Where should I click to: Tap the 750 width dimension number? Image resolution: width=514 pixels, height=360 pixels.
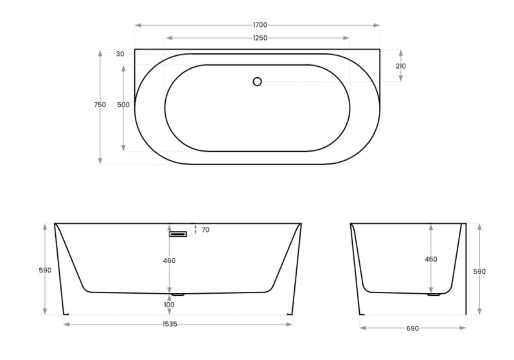pyautogui.click(x=100, y=105)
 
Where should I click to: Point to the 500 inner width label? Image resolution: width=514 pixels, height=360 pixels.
pyautogui.click(x=123, y=105)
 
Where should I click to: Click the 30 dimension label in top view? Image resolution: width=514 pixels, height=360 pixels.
pyautogui.click(x=120, y=54)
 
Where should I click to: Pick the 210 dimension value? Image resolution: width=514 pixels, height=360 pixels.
pyautogui.click(x=401, y=66)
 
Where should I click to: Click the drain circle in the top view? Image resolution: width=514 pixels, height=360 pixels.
pyautogui.click(x=257, y=82)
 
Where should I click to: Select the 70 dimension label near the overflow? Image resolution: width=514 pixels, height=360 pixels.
pyautogui.click(x=205, y=230)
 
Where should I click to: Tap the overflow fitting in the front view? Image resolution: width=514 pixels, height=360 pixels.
pyautogui.click(x=178, y=234)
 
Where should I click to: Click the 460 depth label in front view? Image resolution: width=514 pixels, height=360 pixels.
pyautogui.click(x=170, y=261)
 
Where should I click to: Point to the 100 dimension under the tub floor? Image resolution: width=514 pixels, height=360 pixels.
pyautogui.click(x=170, y=304)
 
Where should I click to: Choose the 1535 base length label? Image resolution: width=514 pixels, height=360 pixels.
pyautogui.click(x=170, y=325)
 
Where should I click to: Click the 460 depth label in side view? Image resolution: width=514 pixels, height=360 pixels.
pyautogui.click(x=430, y=259)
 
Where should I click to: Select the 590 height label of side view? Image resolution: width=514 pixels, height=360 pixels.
pyautogui.click(x=479, y=271)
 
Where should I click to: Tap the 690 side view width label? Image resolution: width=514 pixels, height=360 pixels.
pyautogui.click(x=412, y=328)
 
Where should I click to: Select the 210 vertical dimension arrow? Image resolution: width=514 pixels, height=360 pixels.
pyautogui.click(x=401, y=66)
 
